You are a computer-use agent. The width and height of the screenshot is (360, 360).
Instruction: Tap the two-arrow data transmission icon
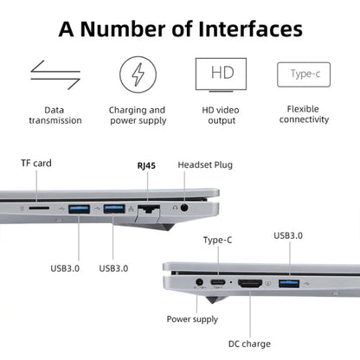click(x=55, y=74)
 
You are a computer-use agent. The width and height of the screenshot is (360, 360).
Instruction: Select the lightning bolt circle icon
click(x=138, y=74)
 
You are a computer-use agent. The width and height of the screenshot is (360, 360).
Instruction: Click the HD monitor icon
click(x=221, y=74)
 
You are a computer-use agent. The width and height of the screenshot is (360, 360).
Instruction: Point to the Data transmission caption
click(x=55, y=116)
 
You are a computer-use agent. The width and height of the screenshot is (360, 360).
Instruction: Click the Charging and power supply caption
click(x=138, y=116)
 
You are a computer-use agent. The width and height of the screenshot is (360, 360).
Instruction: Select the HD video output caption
click(x=221, y=116)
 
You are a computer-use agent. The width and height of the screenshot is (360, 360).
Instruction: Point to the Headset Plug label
click(x=204, y=164)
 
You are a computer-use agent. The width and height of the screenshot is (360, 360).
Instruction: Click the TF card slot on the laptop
click(x=39, y=209)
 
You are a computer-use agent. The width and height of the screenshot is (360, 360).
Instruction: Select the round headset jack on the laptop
click(x=184, y=208)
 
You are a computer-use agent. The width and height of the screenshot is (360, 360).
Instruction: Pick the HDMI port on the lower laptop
click(x=251, y=284)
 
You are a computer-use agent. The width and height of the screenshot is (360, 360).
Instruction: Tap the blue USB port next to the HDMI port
click(x=287, y=284)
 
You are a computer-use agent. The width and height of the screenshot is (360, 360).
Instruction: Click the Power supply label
click(x=192, y=319)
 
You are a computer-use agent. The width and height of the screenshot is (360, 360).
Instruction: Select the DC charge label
click(x=250, y=344)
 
